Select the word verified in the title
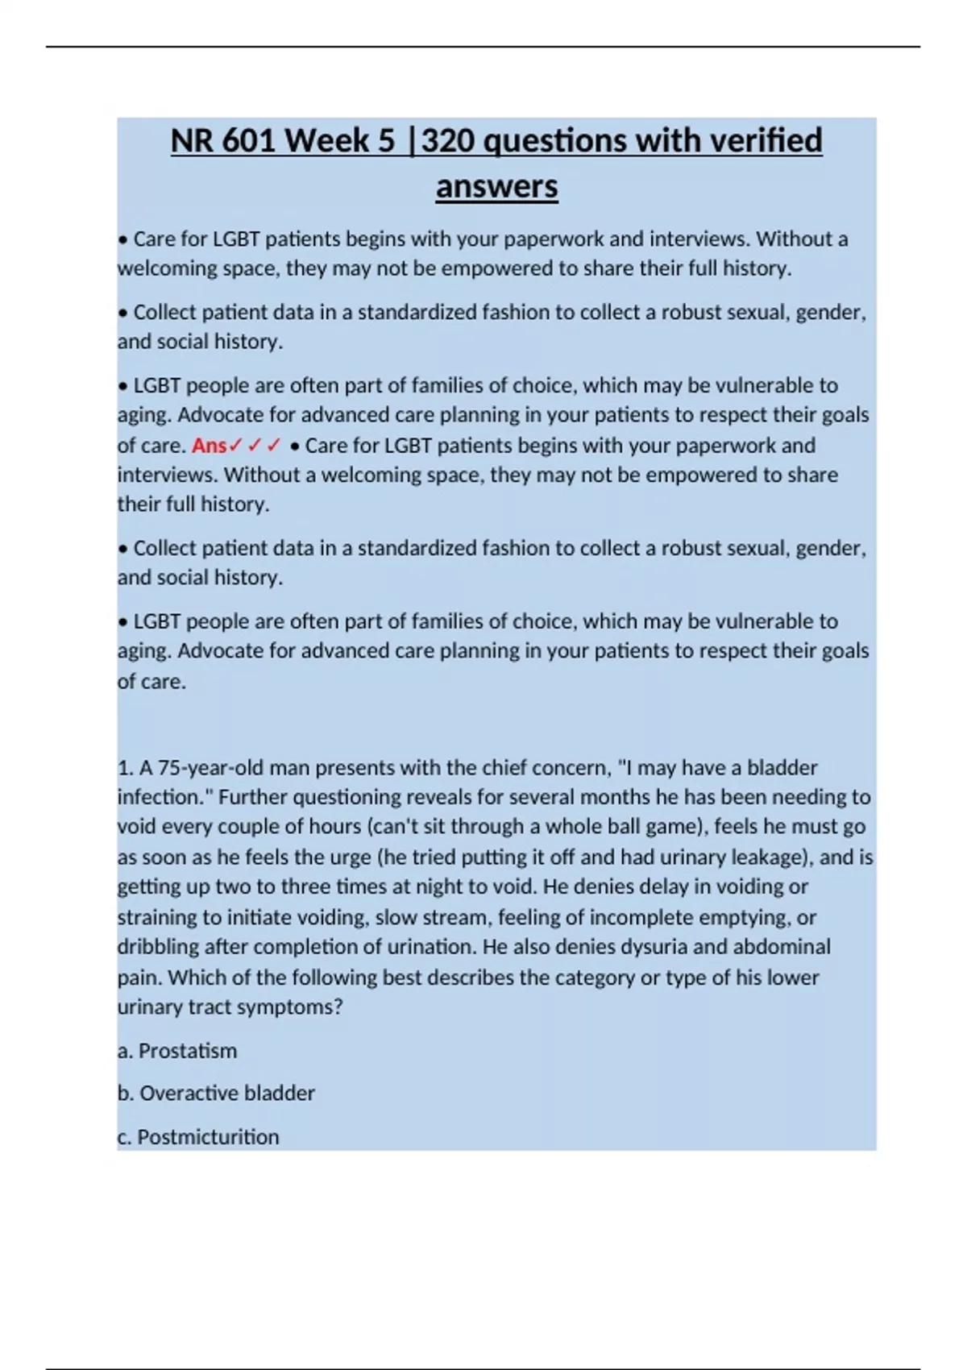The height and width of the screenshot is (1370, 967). click(766, 141)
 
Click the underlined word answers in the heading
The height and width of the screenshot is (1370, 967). click(496, 187)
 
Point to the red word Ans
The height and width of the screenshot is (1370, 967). click(210, 446)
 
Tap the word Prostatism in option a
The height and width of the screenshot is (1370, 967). click(188, 1051)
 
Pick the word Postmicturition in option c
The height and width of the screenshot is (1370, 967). click(208, 1137)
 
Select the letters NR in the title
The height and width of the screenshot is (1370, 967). click(192, 141)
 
